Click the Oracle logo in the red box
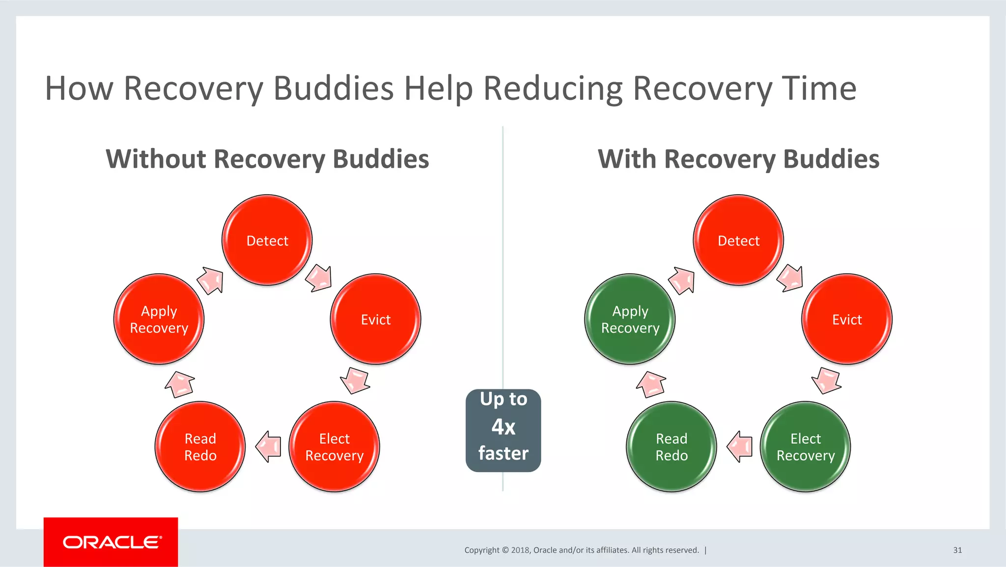click(111, 542)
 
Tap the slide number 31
click(957, 550)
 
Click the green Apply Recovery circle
click(630, 319)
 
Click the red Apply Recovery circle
click(159, 319)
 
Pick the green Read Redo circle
click(671, 447)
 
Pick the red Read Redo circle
click(200, 447)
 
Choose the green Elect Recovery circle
click(805, 447)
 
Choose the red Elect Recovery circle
click(334, 447)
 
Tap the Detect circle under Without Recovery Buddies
click(267, 240)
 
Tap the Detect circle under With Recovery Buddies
click(738, 240)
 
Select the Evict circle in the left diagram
click(376, 319)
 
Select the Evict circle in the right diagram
click(847, 319)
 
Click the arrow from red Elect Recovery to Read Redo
click(268, 447)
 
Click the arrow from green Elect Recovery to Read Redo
click(739, 447)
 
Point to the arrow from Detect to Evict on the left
click(319, 278)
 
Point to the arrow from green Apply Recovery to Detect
click(681, 280)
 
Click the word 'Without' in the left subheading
click(156, 159)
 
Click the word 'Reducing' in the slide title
click(553, 89)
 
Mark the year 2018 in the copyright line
click(520, 550)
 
